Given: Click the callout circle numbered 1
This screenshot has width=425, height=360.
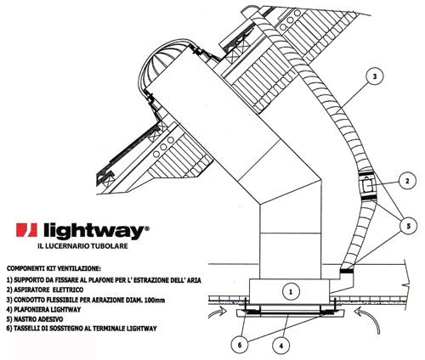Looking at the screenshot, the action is click(x=291, y=291).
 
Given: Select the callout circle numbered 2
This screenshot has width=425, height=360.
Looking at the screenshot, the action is click(x=407, y=181).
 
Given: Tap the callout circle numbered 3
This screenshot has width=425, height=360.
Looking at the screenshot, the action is click(x=375, y=76).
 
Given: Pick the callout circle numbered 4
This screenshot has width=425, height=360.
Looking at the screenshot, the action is click(x=281, y=346).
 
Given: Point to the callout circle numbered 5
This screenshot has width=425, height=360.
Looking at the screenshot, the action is click(x=408, y=226).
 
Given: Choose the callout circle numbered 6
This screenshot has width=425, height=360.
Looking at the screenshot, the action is click(x=240, y=345).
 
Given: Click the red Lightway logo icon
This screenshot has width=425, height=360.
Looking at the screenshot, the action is click(x=26, y=230).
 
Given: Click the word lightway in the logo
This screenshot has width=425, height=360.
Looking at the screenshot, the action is click(x=93, y=231).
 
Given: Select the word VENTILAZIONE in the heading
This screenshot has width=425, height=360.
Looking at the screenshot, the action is click(x=81, y=267).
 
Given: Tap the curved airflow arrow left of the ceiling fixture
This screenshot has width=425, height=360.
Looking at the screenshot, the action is click(x=217, y=312).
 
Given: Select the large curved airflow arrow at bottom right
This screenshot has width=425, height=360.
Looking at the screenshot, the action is click(x=369, y=319).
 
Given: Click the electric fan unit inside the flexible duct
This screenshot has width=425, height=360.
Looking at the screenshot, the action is click(x=368, y=186).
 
